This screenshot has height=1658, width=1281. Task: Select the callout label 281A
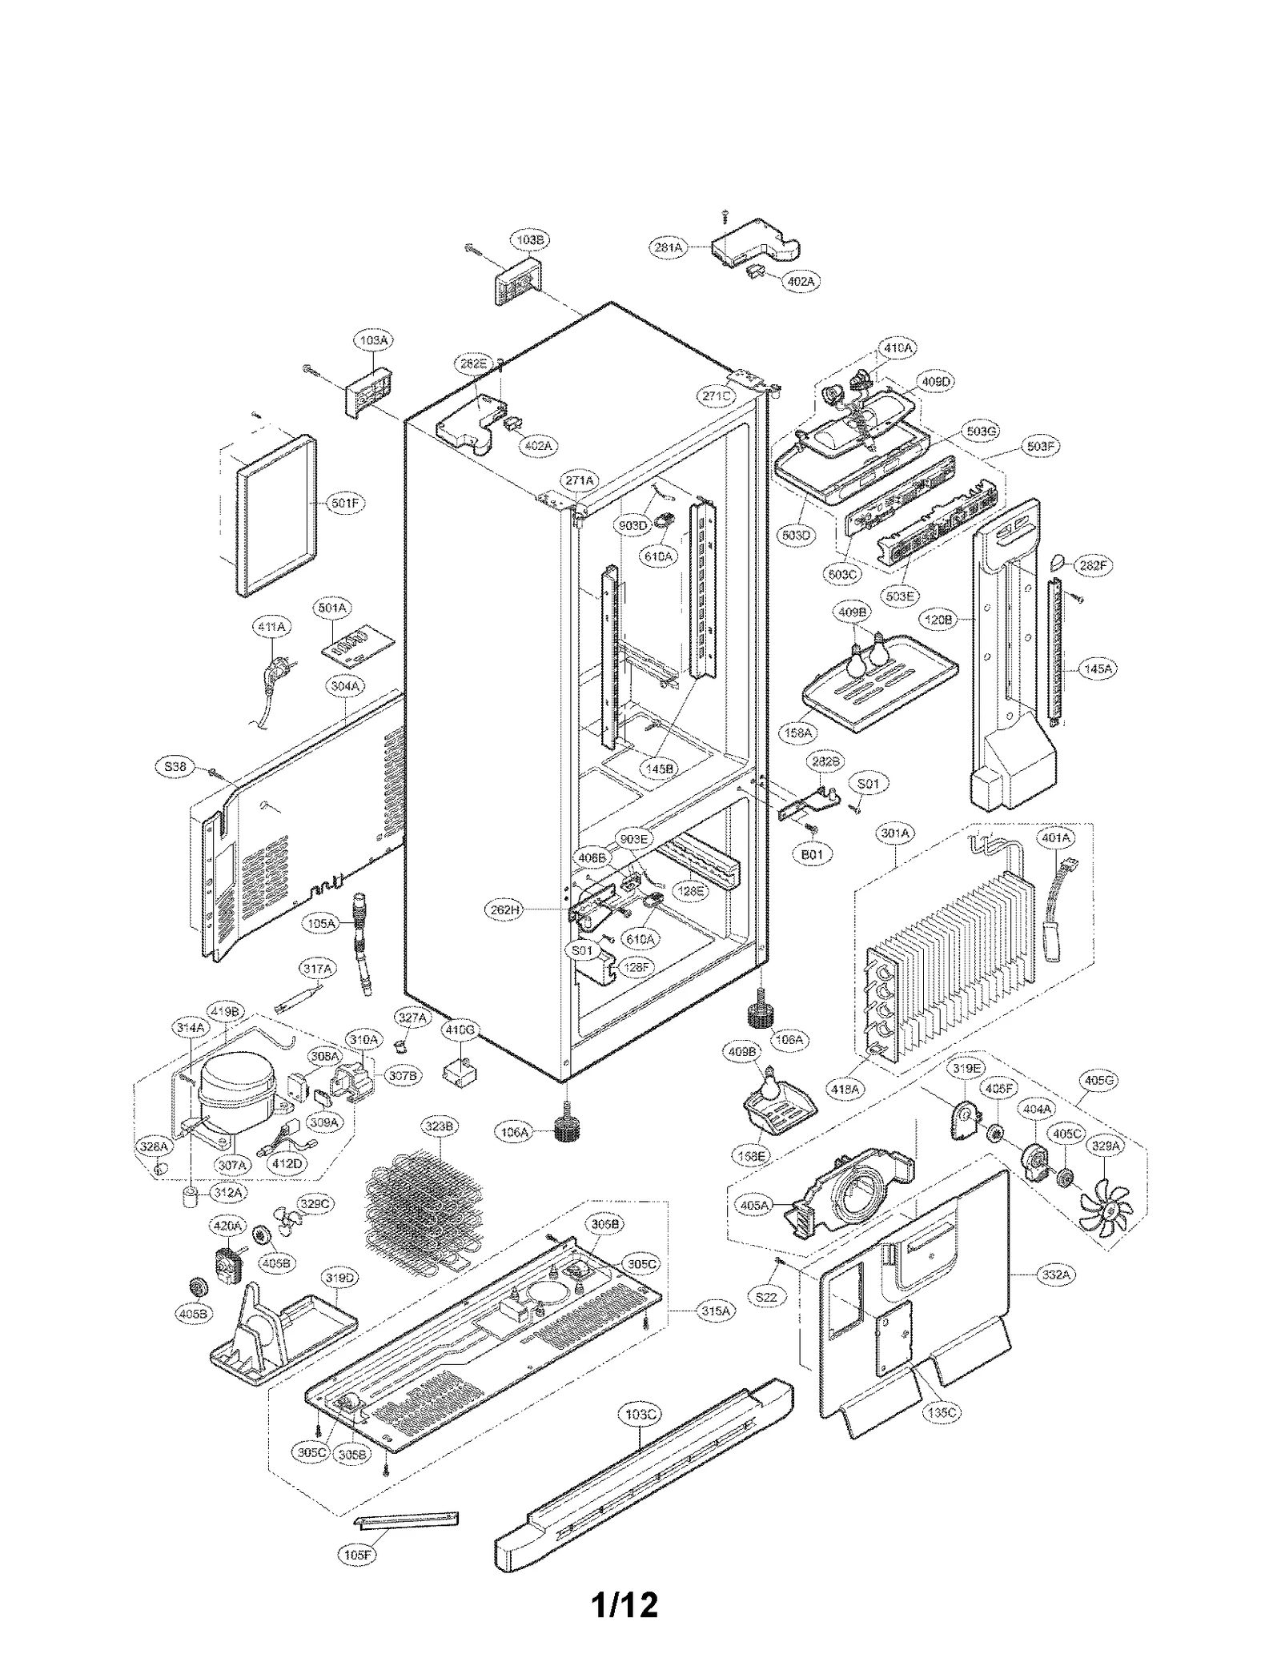point(668,247)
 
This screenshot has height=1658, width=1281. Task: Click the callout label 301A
point(895,833)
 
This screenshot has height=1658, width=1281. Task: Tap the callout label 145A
point(1098,668)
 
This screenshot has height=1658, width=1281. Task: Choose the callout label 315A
point(715,1311)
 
